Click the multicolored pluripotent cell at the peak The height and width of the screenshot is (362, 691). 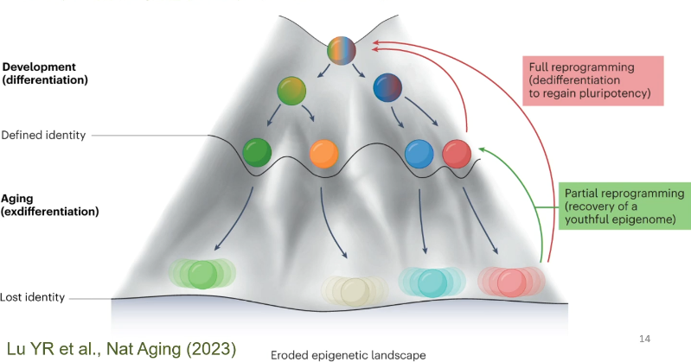coord(342,51)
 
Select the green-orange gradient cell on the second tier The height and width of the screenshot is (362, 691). coord(292,92)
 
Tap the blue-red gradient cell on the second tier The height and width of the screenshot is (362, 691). coord(387,89)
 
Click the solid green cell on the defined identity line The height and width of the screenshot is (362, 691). coord(258,153)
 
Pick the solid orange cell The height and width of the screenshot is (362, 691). coord(323,154)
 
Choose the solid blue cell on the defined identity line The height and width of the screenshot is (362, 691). coord(419,154)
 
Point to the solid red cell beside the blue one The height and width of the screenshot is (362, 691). coord(457,155)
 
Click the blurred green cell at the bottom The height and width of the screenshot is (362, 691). coord(202,274)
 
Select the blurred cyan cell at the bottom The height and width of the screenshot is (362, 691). coord(432,281)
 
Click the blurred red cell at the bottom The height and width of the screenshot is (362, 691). coord(510,281)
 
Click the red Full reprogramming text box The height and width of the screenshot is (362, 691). coord(592,79)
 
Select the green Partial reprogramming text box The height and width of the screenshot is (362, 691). coord(622,205)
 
